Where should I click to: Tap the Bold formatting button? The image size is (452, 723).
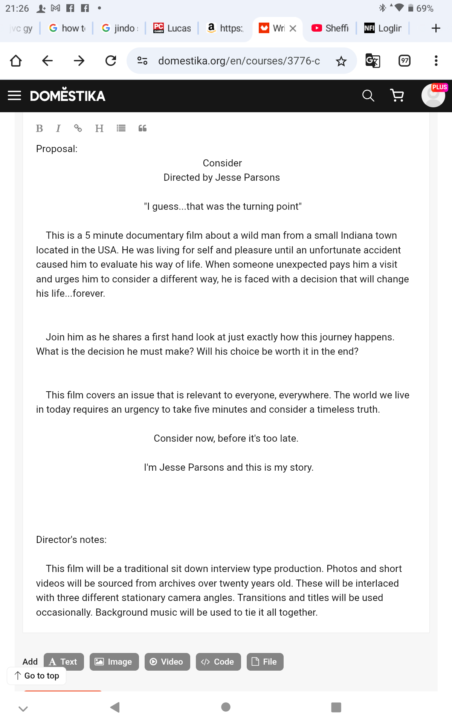[x=39, y=128]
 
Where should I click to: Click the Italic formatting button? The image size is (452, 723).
[x=58, y=128]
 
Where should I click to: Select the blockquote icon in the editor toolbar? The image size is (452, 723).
[x=142, y=128]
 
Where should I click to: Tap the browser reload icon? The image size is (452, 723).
[x=111, y=61]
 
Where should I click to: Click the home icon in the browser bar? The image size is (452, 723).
[x=16, y=61]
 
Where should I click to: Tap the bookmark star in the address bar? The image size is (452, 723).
[x=341, y=61]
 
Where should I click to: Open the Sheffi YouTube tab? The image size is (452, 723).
[x=330, y=28]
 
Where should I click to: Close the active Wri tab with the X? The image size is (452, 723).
[x=293, y=28]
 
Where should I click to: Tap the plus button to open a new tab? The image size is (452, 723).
[x=436, y=28]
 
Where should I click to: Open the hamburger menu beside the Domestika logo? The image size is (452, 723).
[x=14, y=96]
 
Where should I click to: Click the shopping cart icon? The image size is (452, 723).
[x=397, y=96]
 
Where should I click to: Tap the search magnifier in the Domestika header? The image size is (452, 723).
[x=368, y=96]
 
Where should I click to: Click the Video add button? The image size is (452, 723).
[x=167, y=662]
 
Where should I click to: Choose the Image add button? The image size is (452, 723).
[x=114, y=662]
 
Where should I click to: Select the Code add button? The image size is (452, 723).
[x=218, y=662]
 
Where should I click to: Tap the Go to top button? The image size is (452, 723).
[x=37, y=676]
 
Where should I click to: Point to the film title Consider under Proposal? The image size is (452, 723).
[x=222, y=163]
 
